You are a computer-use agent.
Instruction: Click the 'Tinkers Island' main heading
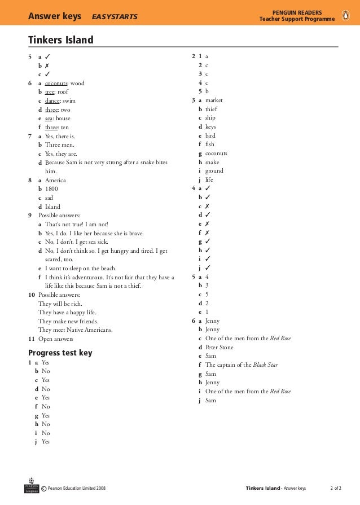coord(61,40)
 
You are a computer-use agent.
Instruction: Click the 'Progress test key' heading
coord(60,353)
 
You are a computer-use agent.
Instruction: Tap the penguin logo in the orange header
coord(346,15)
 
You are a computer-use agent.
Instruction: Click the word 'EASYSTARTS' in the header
coord(115,16)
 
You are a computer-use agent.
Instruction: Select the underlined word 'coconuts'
coord(56,83)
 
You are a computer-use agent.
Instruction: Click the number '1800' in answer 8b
coord(51,189)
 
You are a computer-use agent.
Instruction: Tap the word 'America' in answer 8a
coord(55,180)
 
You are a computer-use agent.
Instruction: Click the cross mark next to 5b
coord(47,65)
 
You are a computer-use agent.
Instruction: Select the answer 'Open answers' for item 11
coord(56,339)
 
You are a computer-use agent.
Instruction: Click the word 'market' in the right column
coord(214,100)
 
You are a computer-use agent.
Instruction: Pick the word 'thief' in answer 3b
coord(211,109)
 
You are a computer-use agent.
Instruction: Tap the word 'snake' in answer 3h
coord(212,162)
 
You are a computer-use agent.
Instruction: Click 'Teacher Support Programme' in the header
coord(296,20)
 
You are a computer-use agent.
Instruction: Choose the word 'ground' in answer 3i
coord(214,171)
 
